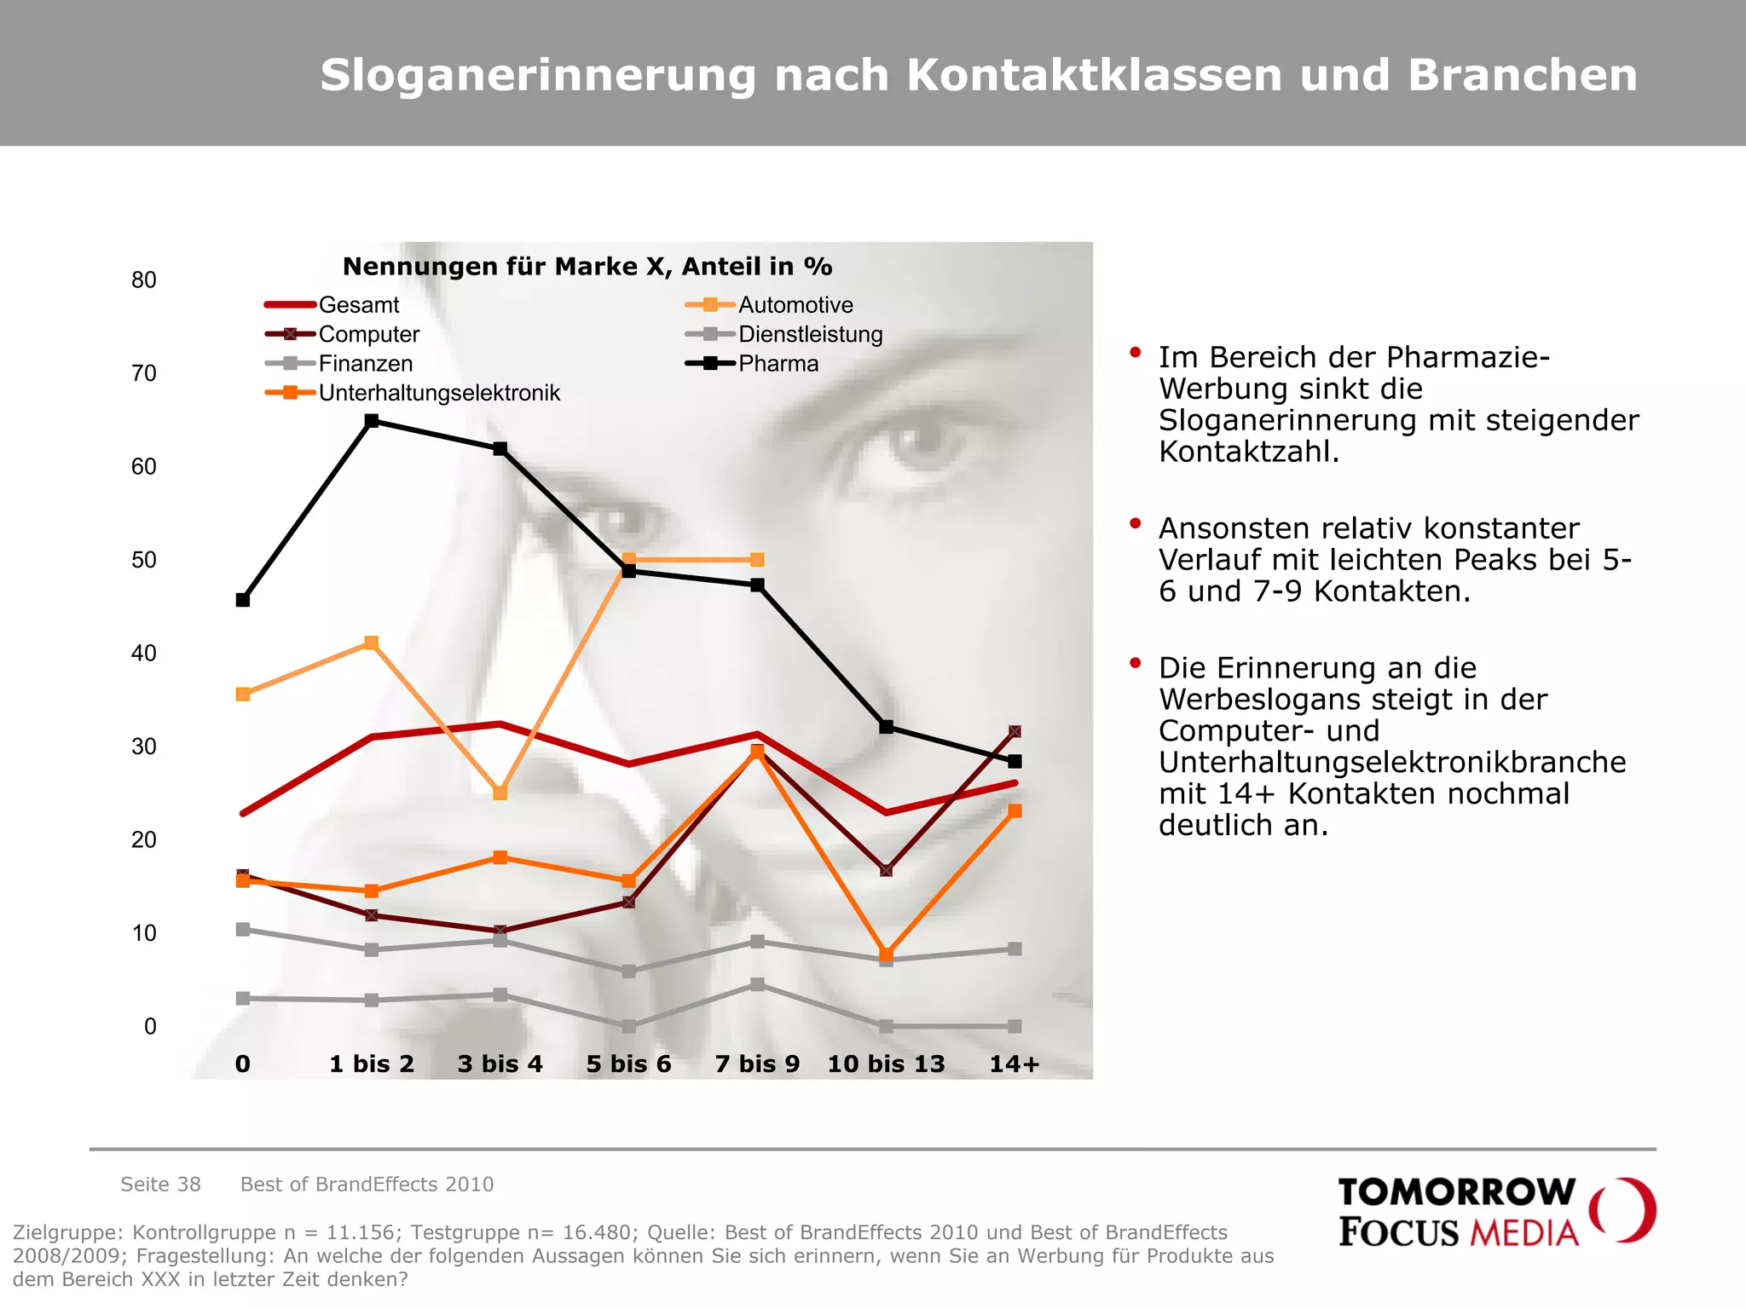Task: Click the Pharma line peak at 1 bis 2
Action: [372, 421]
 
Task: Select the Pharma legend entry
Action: [778, 364]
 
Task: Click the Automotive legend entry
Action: [795, 305]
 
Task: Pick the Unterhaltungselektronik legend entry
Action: [439, 393]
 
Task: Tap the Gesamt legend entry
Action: [358, 305]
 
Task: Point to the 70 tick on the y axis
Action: [144, 373]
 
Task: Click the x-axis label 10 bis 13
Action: [886, 1064]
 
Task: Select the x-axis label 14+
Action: [1015, 1064]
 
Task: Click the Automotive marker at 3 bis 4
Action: [500, 793]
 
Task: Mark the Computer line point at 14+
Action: [1015, 732]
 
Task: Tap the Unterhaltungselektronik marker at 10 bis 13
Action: [886, 954]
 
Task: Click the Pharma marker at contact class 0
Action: [243, 600]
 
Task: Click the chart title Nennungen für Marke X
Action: [587, 267]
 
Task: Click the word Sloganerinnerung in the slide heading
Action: [537, 75]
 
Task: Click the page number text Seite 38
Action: [160, 1184]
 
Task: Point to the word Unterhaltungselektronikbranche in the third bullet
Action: [1391, 762]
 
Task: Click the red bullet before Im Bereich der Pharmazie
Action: [1135, 352]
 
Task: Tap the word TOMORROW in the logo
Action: [1456, 1191]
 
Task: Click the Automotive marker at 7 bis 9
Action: [757, 560]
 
